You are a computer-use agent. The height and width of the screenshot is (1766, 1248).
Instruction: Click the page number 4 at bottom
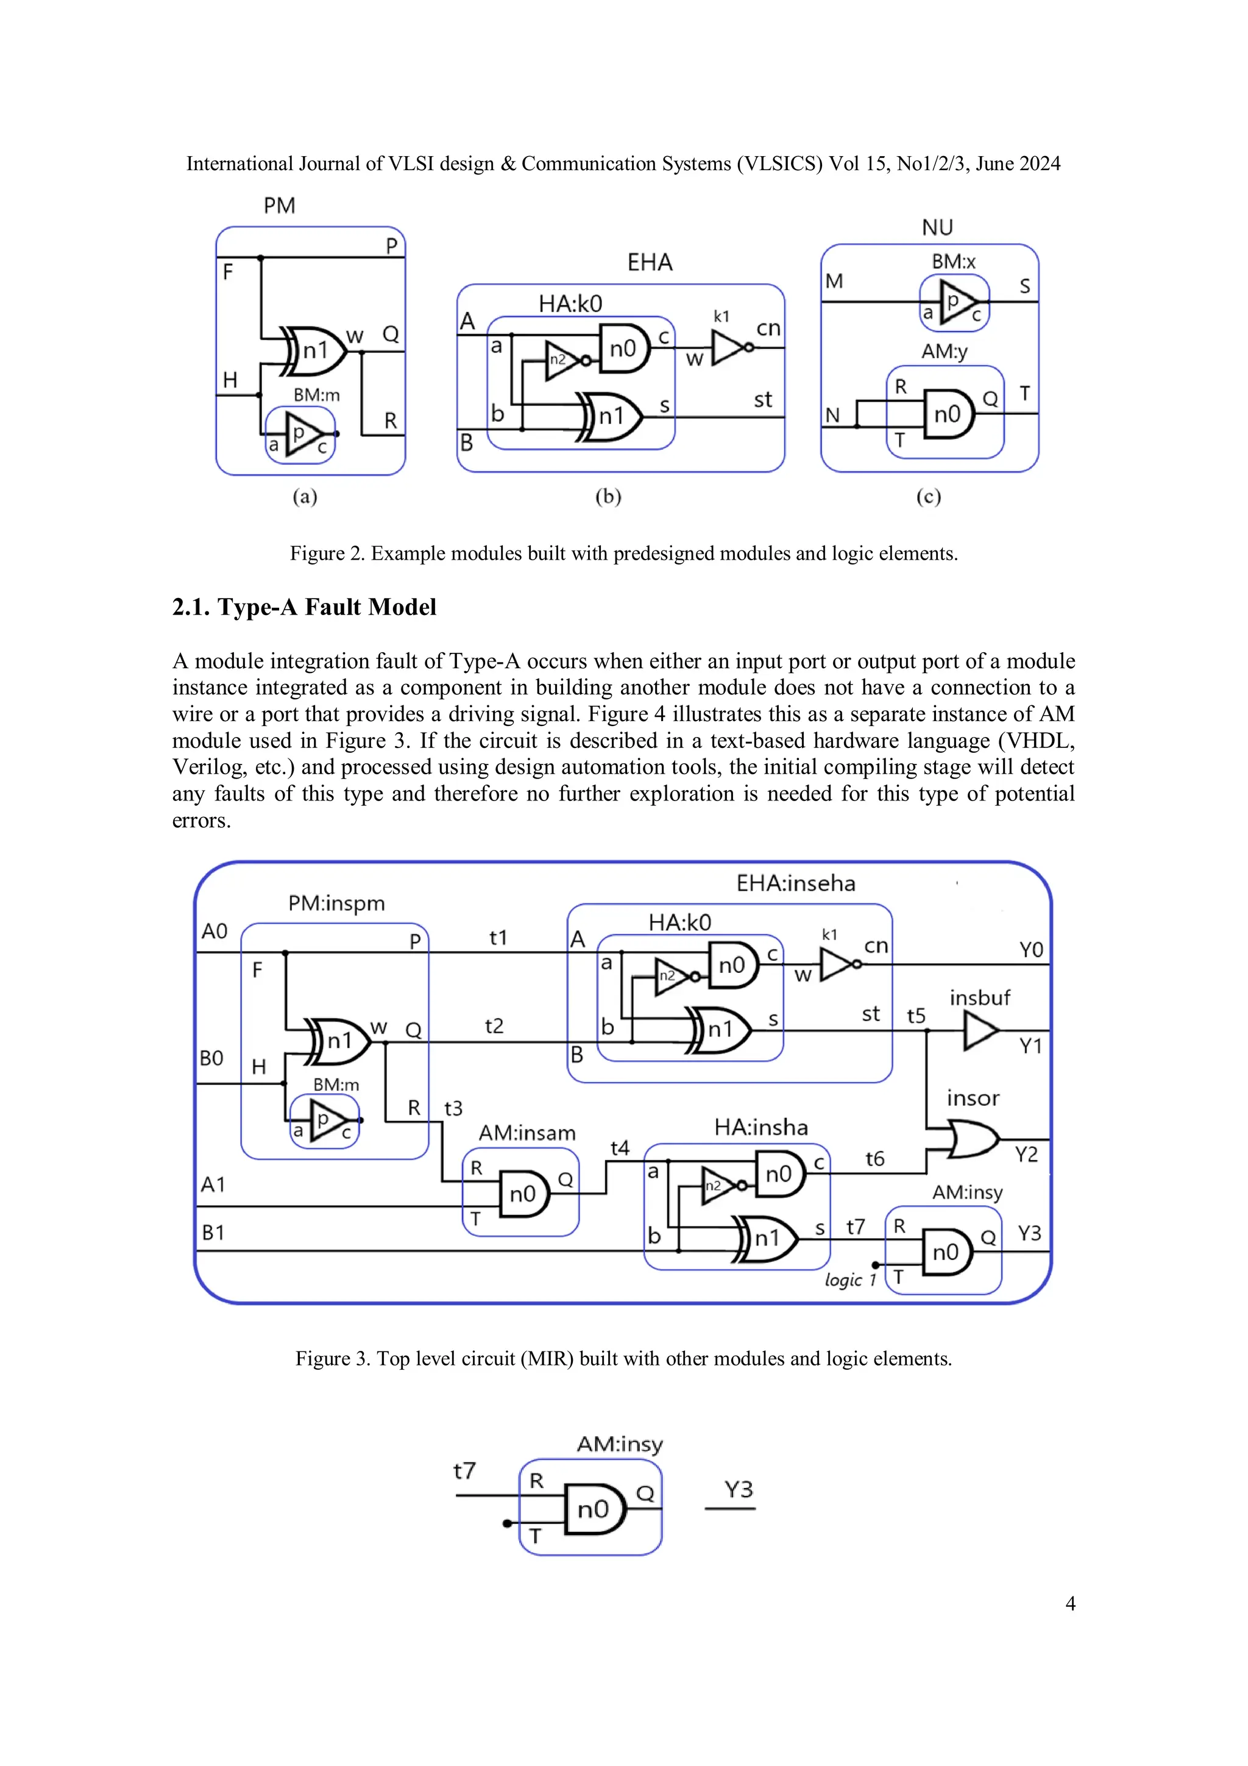point(1069,1604)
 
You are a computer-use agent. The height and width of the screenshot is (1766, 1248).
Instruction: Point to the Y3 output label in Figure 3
point(1029,1234)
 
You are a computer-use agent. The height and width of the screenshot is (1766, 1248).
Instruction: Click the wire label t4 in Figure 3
point(620,1148)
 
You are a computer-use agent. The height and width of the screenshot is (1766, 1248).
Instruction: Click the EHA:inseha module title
point(795,883)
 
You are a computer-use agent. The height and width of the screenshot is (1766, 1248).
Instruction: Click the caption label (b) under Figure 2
point(608,496)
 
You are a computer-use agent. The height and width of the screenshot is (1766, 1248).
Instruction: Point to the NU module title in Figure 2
point(937,227)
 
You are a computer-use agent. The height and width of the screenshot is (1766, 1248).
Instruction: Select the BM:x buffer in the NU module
point(954,302)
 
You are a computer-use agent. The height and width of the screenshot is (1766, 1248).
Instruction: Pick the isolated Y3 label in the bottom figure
point(738,1490)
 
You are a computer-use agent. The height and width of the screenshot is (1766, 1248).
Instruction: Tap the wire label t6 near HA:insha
point(874,1158)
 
